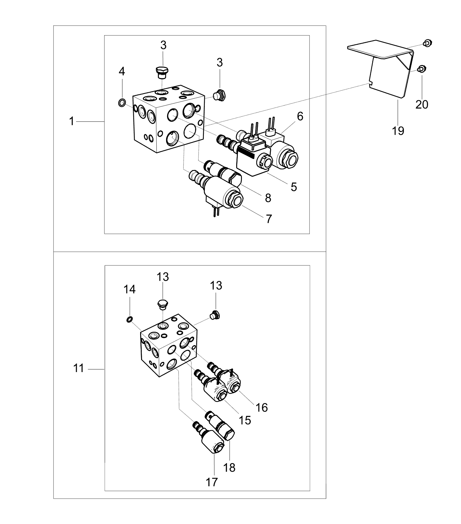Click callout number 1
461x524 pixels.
72,121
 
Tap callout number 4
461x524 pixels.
122,71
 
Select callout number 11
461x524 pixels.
79,369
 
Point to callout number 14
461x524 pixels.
130,289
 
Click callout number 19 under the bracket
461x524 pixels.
398,130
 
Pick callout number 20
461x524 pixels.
422,104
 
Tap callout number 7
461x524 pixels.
269,219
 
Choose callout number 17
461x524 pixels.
212,482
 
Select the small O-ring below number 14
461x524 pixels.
129,319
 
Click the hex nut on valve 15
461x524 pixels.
221,396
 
